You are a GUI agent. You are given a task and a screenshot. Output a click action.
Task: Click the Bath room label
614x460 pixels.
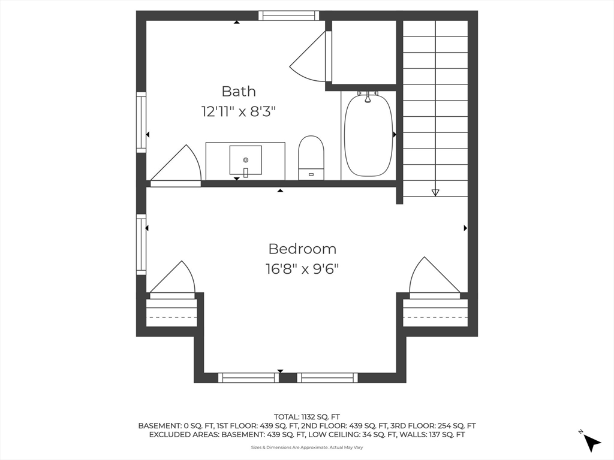tap(239, 91)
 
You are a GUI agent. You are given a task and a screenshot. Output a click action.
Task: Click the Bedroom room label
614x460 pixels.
tap(302, 249)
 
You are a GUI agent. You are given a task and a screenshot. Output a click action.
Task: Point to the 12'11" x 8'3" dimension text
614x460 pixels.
tap(239, 112)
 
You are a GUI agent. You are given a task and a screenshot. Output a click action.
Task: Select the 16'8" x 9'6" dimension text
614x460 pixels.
tap(302, 269)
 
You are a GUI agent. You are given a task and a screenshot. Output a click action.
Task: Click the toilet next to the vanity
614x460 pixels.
tap(311, 158)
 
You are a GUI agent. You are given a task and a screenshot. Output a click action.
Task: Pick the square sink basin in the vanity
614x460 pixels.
tap(245, 160)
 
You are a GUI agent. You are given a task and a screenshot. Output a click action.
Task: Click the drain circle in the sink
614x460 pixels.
tap(245, 159)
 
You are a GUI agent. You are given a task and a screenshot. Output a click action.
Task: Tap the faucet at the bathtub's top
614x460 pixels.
tap(368, 96)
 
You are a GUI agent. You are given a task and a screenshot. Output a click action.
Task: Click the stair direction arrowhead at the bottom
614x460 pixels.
tap(435, 192)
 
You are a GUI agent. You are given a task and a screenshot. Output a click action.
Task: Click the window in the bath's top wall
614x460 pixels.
tap(288, 16)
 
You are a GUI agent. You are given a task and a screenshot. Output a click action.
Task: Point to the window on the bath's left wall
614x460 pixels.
tap(141, 122)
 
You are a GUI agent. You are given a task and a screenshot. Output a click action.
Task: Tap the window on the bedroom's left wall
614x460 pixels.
tap(141, 244)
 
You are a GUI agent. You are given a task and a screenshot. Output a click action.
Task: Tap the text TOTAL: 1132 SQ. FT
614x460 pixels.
tap(307, 417)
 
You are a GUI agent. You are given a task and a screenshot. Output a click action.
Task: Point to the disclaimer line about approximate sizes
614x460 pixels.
tap(307, 447)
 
